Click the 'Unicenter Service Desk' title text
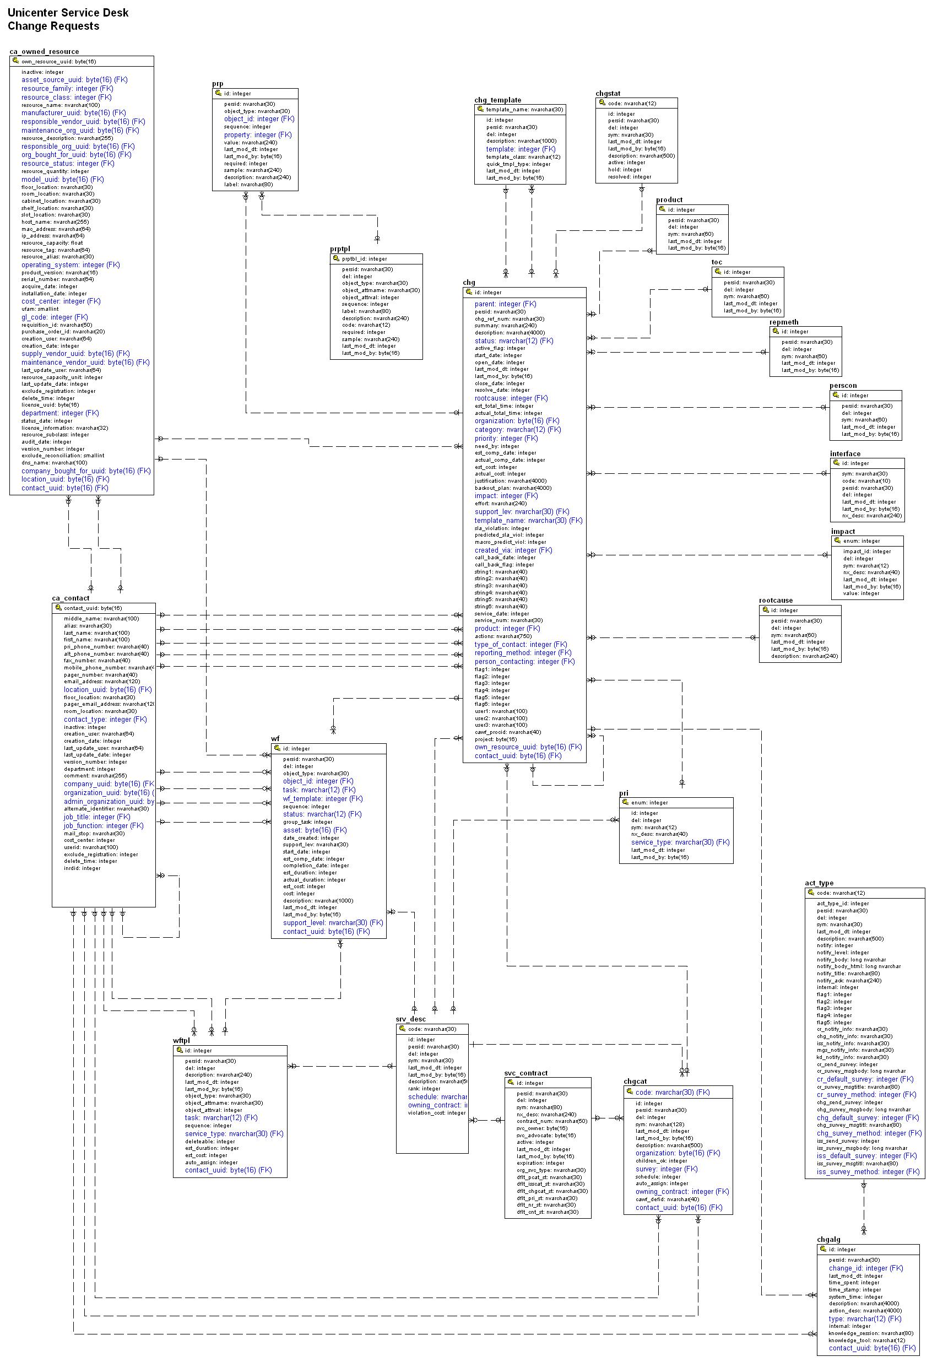[68, 12]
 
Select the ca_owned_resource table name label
[44, 52]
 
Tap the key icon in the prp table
[218, 93]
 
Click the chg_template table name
[497, 100]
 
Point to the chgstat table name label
[608, 94]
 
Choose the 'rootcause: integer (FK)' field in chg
[511, 398]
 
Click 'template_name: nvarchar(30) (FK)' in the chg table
[528, 521]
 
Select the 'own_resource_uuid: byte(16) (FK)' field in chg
[528, 747]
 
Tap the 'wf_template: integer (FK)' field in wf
[323, 798]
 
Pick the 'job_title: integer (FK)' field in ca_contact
[97, 817]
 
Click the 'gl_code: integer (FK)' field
[55, 317]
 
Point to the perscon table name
[843, 386]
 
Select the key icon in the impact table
[837, 541]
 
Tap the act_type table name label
[819, 883]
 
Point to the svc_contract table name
[525, 1073]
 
